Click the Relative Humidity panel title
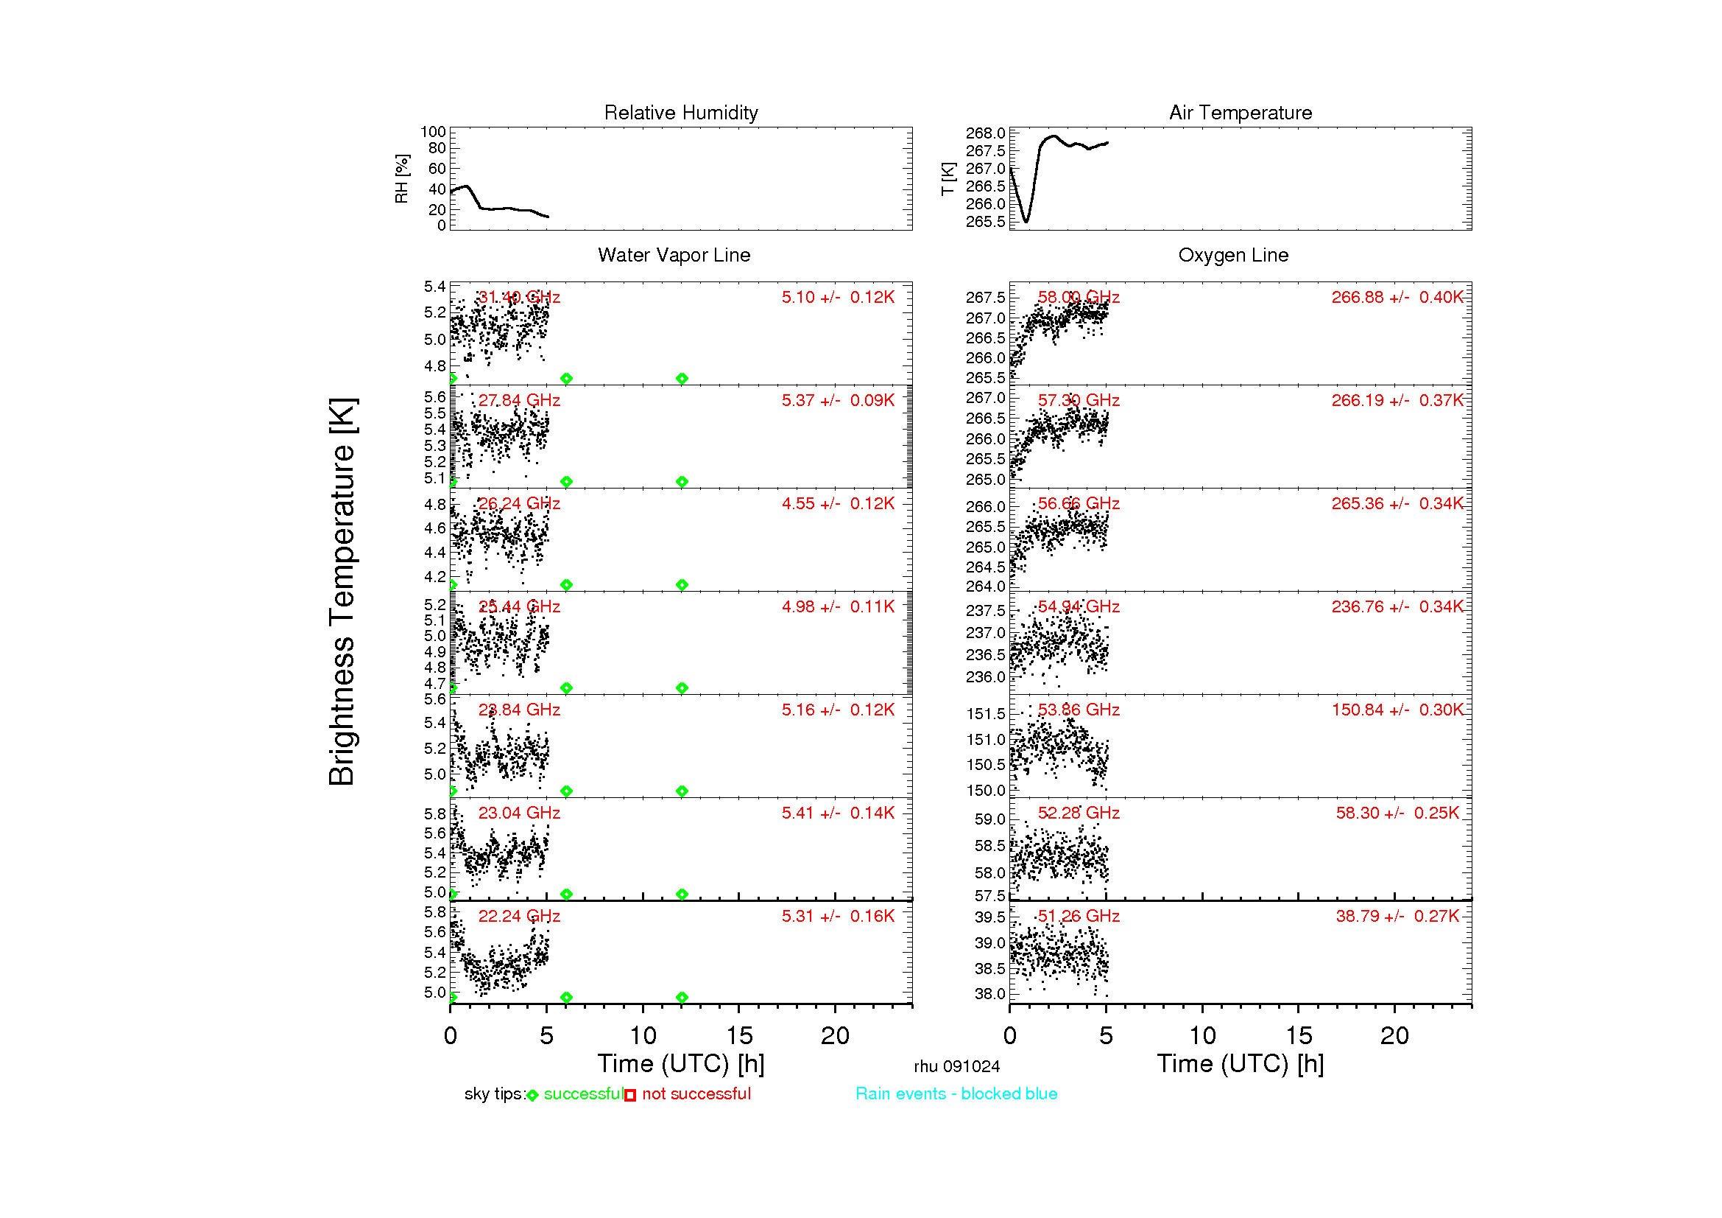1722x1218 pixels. pos(680,113)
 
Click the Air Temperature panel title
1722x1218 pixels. pos(1240,113)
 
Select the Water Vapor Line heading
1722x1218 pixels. pos(674,255)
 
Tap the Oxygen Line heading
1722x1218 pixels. pos(1233,255)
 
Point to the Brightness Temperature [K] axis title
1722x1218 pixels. pos(342,592)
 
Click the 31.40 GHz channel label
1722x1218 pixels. pos(519,297)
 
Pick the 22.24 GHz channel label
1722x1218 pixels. pos(519,916)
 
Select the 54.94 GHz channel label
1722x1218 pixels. pos(1079,606)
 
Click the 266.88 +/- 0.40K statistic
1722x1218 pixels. pos(1397,297)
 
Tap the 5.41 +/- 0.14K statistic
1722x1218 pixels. pos(838,813)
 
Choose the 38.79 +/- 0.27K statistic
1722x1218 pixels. pos(1397,916)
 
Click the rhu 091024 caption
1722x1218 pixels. pos(956,1066)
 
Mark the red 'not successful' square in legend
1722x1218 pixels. pos(630,1096)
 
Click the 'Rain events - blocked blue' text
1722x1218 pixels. pos(956,1093)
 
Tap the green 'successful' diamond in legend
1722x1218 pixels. pos(532,1096)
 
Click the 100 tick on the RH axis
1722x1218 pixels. pos(433,132)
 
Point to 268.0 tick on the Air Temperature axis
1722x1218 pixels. pos(985,133)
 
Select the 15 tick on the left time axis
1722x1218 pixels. pos(738,1036)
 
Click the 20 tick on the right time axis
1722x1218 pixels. pos(1394,1036)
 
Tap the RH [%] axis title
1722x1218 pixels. pos(402,178)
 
